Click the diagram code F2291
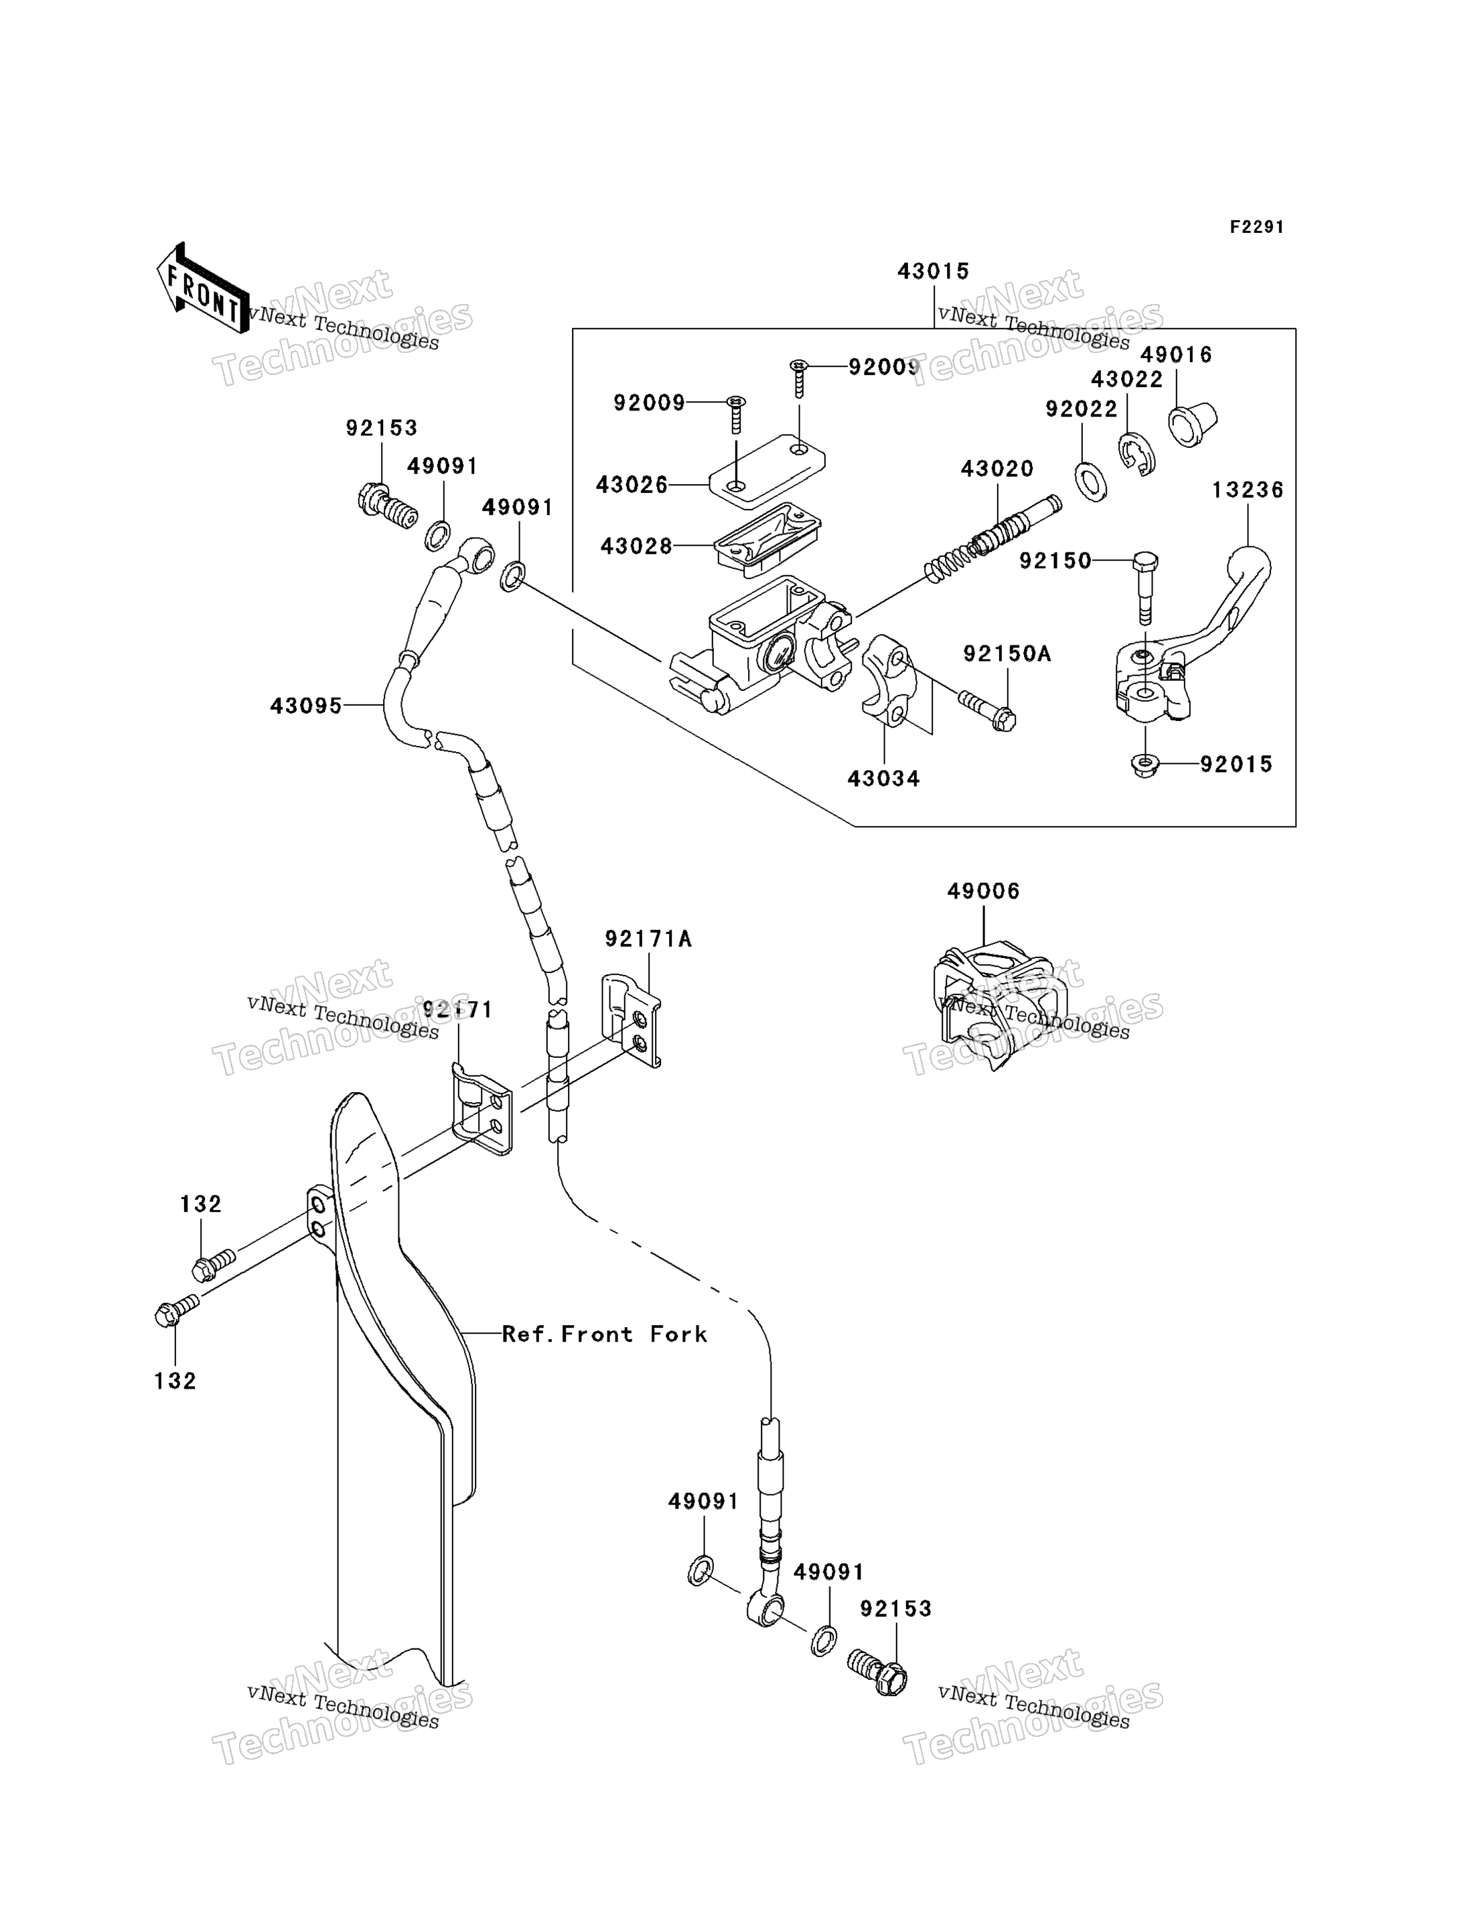(x=1256, y=228)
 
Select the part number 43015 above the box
(x=933, y=271)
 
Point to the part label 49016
(x=1176, y=355)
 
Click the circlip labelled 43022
(x=1136, y=455)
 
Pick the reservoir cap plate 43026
(x=767, y=471)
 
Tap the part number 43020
(x=997, y=469)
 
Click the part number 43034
(x=883, y=779)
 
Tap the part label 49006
(x=983, y=892)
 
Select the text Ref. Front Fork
(x=605, y=1334)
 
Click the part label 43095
(x=306, y=706)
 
